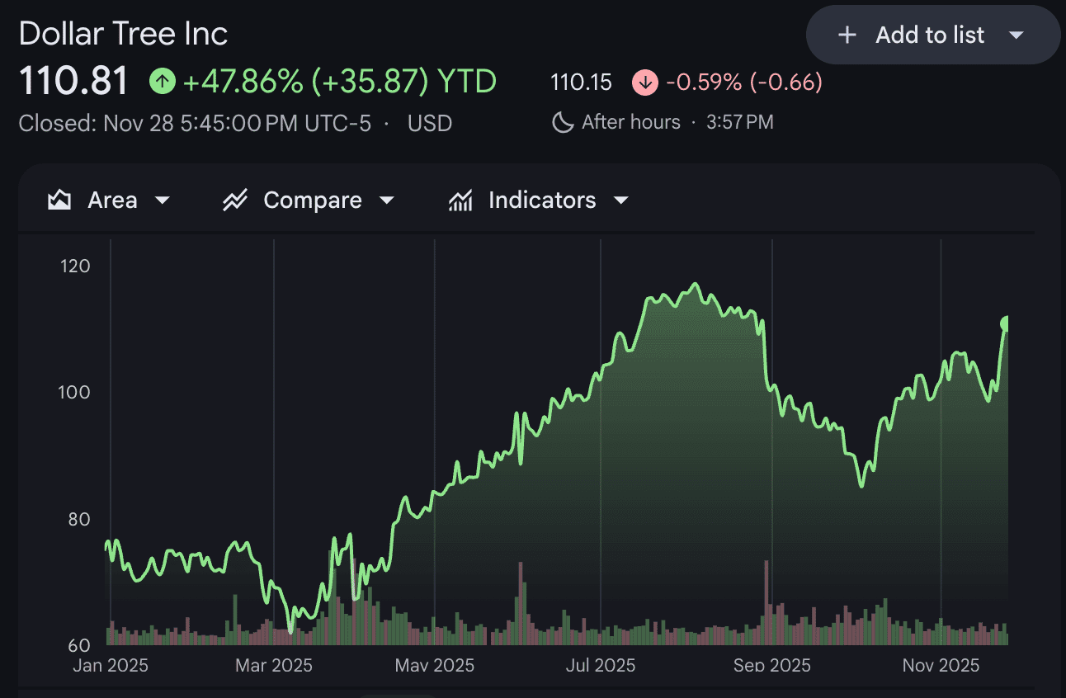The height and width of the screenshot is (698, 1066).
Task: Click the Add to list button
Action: (x=932, y=35)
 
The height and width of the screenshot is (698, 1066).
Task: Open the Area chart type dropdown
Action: (x=111, y=200)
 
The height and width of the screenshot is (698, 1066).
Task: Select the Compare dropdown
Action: (x=309, y=200)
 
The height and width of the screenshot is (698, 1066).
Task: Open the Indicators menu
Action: (x=539, y=200)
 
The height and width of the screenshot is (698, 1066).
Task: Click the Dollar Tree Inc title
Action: (x=123, y=34)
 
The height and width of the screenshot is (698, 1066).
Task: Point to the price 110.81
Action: (x=73, y=81)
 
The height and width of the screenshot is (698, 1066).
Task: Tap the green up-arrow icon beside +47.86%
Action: (x=163, y=81)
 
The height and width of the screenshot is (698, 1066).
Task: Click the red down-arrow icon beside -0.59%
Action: (x=644, y=82)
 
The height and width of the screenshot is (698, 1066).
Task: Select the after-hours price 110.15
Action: (x=581, y=82)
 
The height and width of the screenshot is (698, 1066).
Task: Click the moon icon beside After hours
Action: (x=563, y=123)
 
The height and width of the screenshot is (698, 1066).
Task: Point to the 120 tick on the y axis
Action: (x=74, y=266)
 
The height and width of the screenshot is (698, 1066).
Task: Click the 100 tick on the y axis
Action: (x=74, y=392)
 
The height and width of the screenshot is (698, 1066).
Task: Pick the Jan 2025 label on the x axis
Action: (x=111, y=665)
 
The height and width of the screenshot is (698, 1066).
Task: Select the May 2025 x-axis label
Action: (x=435, y=665)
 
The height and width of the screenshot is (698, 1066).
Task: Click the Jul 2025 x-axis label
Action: (x=601, y=665)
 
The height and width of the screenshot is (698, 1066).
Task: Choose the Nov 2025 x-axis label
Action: (x=941, y=665)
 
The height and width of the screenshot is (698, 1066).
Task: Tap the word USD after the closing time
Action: (x=430, y=124)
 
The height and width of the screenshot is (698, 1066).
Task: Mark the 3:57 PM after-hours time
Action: (x=740, y=123)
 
